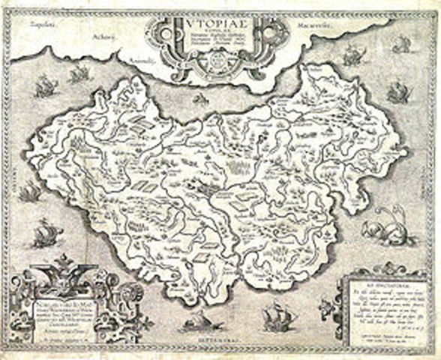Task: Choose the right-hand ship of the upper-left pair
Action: (x=78, y=73)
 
